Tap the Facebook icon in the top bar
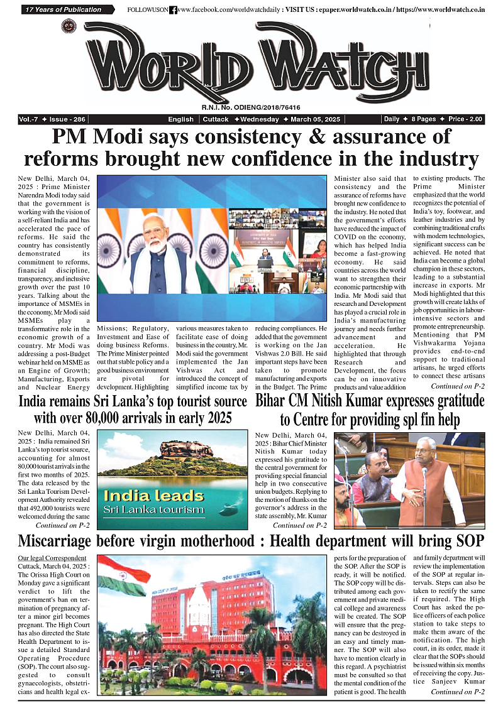tap(174, 10)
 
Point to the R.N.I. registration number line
tap(251, 107)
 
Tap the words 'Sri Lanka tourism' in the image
tap(154, 508)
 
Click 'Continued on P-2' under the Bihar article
tap(299, 525)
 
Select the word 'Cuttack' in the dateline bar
tap(216, 119)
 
